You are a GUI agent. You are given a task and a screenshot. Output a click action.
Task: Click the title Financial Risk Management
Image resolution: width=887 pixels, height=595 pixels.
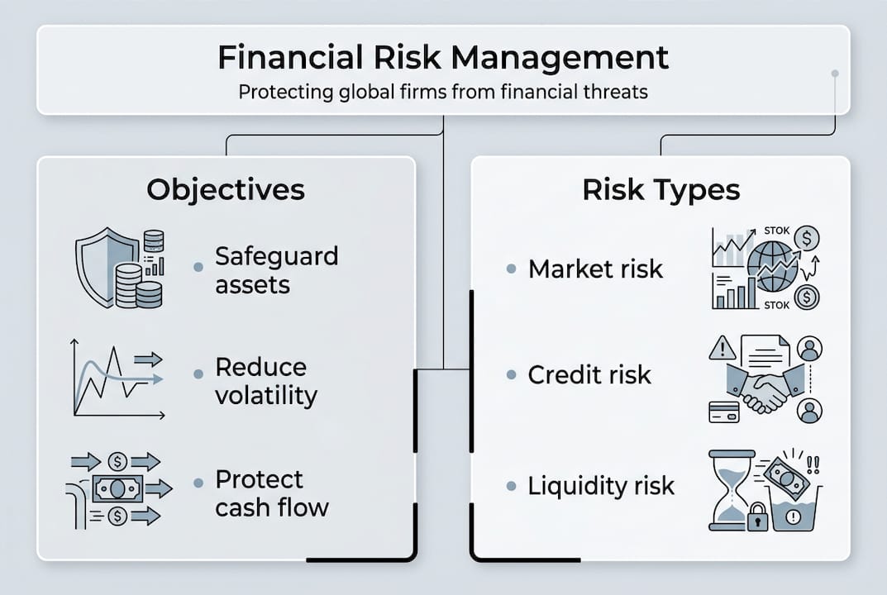click(443, 57)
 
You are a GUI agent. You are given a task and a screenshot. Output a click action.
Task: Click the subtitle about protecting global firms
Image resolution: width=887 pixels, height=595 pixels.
click(443, 92)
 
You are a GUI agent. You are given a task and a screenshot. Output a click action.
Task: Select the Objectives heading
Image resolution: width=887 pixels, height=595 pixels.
click(226, 189)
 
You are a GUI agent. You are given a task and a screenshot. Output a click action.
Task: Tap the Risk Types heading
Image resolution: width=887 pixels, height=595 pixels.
click(661, 189)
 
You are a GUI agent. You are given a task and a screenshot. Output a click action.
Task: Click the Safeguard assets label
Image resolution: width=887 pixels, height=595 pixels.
click(277, 270)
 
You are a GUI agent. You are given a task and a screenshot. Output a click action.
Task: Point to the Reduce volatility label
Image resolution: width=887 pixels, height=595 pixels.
click(266, 381)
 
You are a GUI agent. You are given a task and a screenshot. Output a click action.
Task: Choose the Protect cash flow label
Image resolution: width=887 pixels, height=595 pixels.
click(271, 493)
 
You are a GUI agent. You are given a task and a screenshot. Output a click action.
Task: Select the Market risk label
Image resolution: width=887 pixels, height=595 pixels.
click(595, 269)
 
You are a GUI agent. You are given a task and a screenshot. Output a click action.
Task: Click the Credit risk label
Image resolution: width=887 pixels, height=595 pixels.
click(589, 374)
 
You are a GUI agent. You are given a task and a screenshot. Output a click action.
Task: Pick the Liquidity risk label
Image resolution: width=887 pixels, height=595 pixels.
click(601, 485)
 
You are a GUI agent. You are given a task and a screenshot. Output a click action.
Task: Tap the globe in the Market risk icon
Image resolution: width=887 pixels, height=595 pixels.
click(771, 266)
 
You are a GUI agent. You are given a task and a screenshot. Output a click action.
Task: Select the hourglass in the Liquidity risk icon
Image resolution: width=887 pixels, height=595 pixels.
click(732, 490)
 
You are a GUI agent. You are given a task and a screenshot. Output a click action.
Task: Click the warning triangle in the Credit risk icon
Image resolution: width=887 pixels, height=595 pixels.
click(722, 349)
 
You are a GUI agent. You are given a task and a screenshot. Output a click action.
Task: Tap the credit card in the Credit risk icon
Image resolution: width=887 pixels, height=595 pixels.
click(724, 412)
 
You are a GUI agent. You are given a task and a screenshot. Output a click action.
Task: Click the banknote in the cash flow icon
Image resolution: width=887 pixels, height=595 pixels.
click(117, 488)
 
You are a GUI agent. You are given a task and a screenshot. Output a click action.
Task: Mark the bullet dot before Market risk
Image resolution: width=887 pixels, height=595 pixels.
click(512, 269)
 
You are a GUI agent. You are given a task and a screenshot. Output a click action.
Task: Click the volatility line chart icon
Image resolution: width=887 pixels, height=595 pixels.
click(117, 378)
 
